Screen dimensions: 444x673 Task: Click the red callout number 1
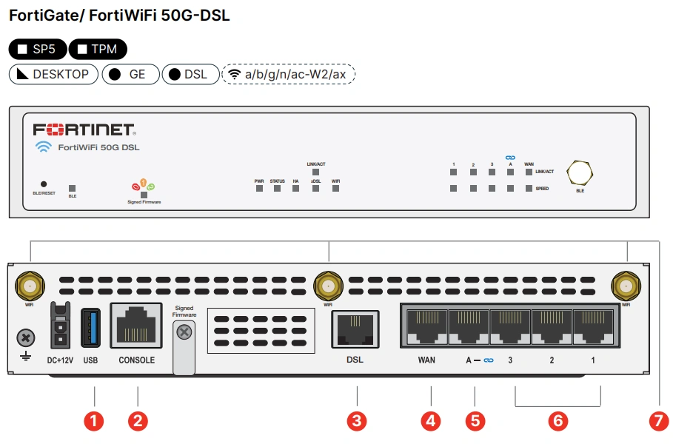(93, 421)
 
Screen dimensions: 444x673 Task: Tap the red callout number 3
(357, 421)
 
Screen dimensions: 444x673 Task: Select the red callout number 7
(658, 421)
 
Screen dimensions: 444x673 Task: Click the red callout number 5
(475, 421)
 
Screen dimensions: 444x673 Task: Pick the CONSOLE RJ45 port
(136, 326)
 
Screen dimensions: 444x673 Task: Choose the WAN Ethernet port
(426, 326)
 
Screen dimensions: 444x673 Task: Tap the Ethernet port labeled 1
(592, 326)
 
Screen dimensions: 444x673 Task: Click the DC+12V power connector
(59, 326)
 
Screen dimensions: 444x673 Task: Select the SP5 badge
(37, 50)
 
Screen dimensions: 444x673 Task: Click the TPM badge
(98, 50)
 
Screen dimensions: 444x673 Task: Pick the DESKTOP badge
(53, 74)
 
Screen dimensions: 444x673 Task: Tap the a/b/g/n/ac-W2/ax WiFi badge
(288, 74)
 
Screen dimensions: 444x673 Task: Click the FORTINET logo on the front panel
(83, 129)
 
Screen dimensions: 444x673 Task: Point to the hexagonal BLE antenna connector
(580, 172)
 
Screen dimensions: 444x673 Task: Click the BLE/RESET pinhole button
(44, 184)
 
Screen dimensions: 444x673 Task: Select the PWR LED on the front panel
(259, 188)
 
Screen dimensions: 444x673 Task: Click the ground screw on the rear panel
(26, 338)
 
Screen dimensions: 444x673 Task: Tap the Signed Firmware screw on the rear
(185, 333)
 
